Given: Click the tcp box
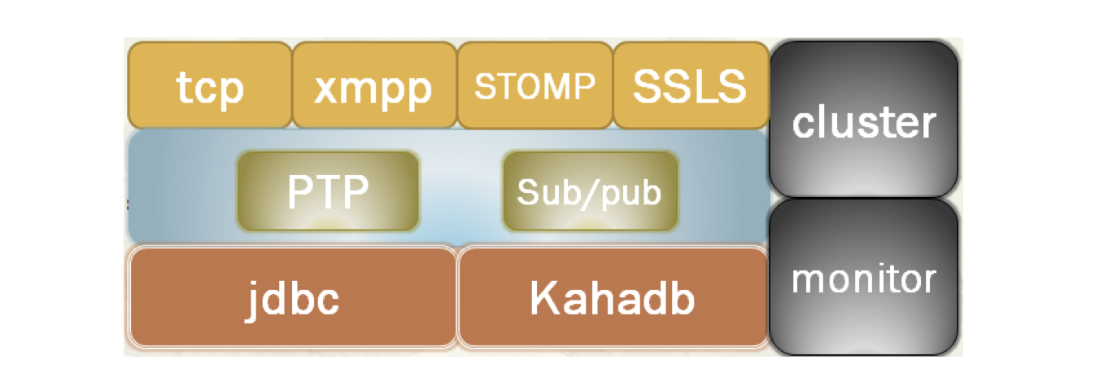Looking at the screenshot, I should [210, 86].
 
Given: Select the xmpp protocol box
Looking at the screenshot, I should [373, 86].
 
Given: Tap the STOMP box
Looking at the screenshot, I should [534, 86].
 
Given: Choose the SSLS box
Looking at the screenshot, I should [690, 86].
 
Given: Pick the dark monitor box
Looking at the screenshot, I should [864, 277].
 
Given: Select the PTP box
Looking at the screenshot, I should [328, 191].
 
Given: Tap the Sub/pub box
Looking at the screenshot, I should [589, 191].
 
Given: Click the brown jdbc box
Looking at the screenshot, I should [293, 298].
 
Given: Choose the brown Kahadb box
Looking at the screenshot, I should [613, 298].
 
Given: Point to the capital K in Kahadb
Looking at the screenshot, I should [543, 298].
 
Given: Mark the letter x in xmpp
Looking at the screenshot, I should [325, 88].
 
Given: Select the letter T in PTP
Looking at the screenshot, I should [327, 191].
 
